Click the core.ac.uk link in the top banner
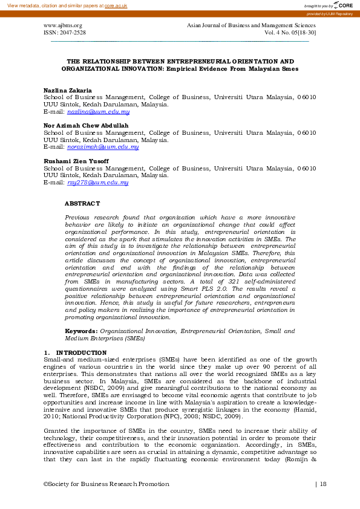click(x=116, y=5)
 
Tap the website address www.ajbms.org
click(x=62, y=26)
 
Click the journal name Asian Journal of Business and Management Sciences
click(x=252, y=26)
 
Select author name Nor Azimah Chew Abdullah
click(x=86, y=125)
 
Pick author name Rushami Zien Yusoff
click(x=76, y=161)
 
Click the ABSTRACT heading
click(x=82, y=204)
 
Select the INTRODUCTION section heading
click(x=81, y=352)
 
